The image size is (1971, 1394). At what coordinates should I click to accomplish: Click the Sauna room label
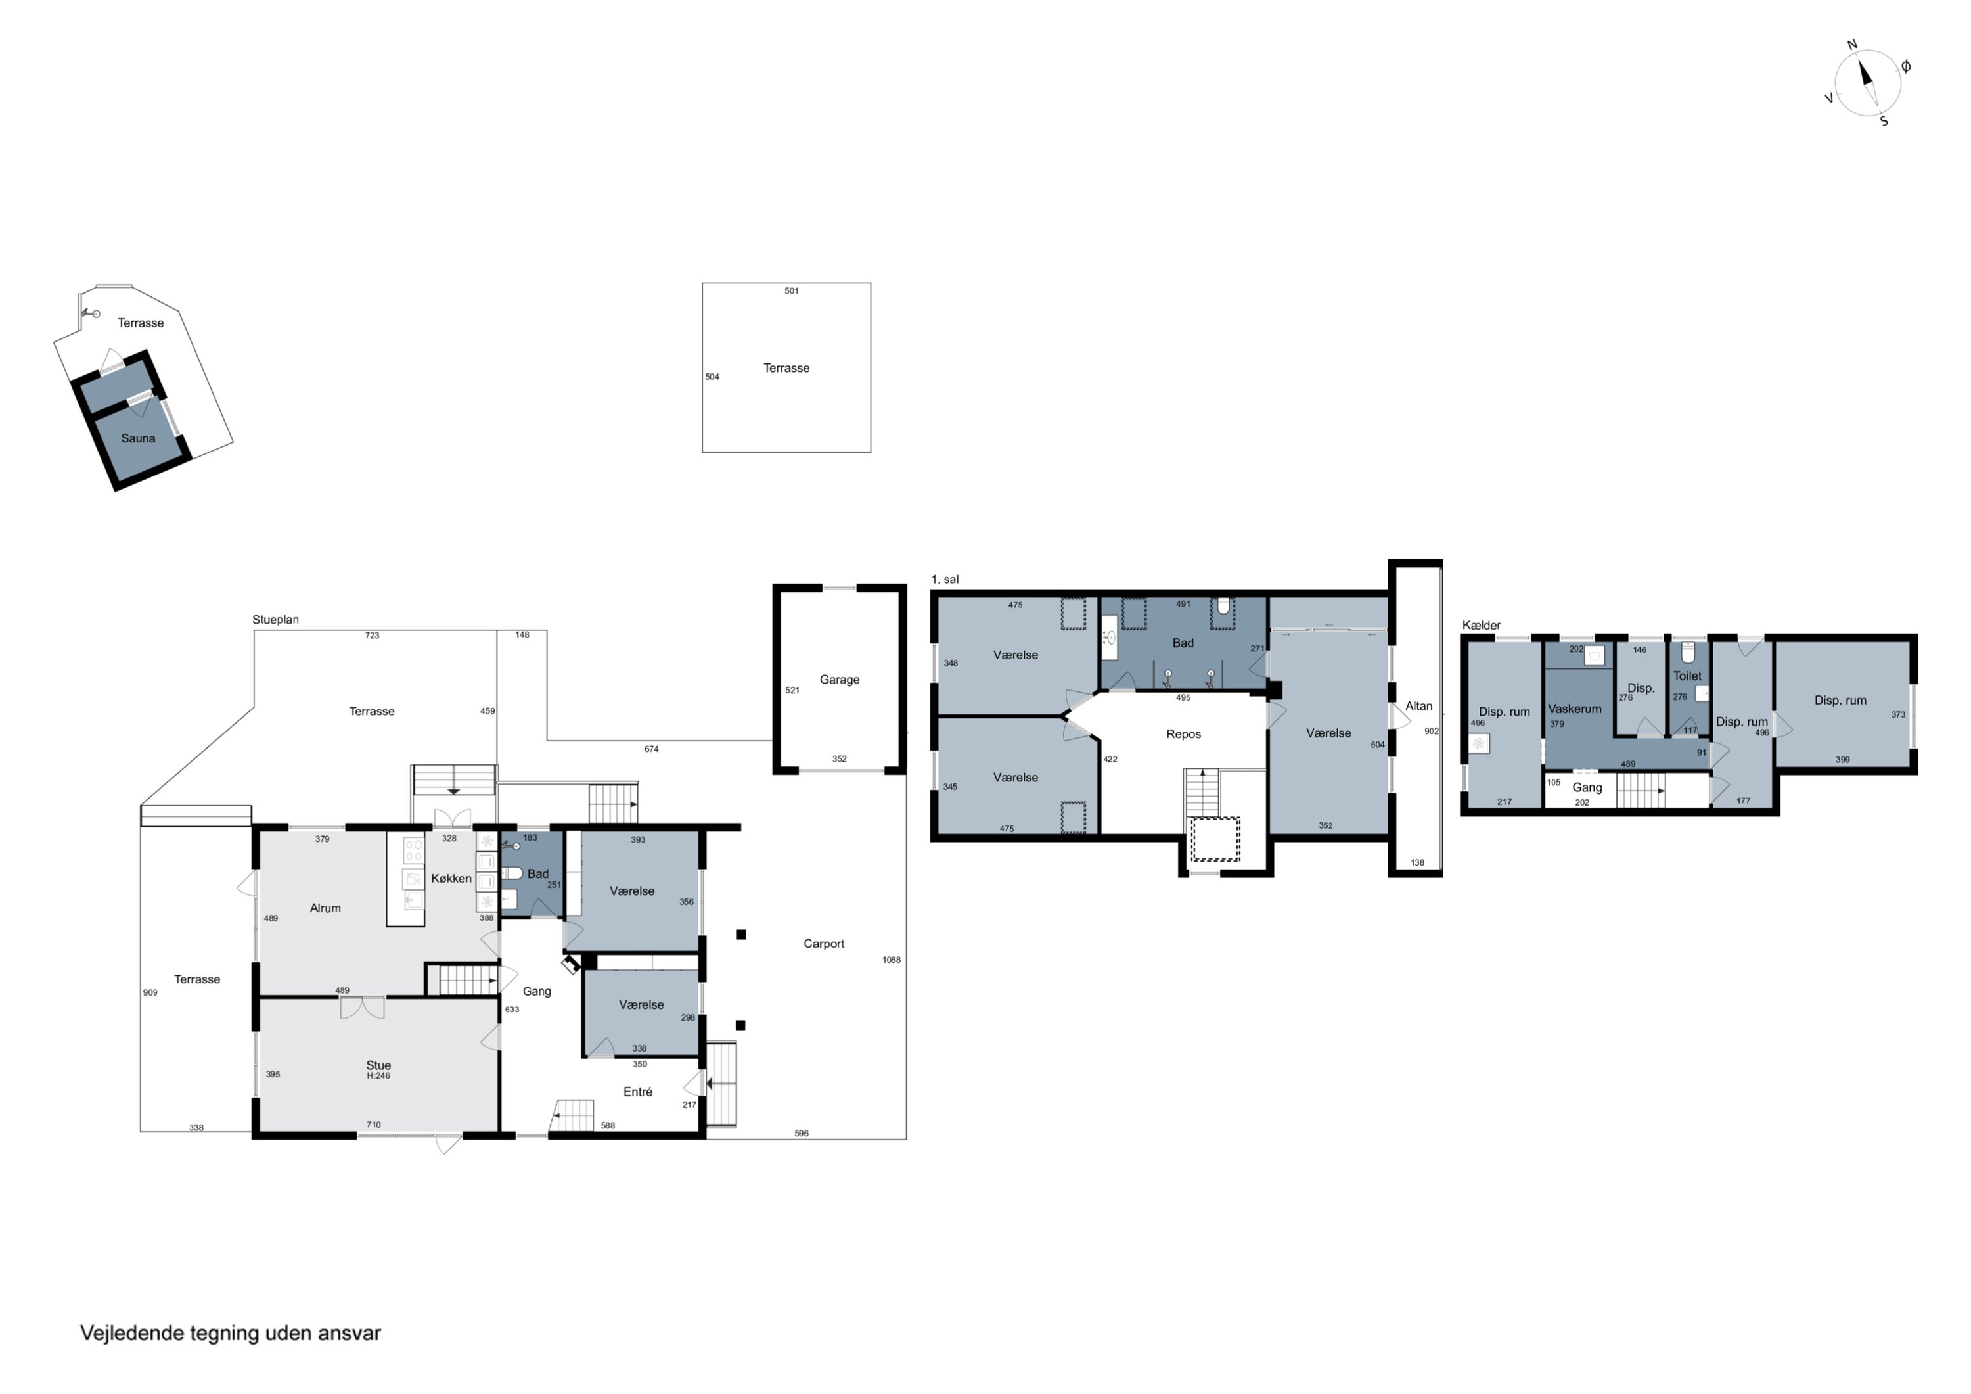click(138, 438)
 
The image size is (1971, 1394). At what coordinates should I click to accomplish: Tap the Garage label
click(840, 680)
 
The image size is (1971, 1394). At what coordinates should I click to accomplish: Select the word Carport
click(824, 943)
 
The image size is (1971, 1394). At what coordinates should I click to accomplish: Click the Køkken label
click(451, 878)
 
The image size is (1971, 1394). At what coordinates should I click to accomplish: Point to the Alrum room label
click(325, 908)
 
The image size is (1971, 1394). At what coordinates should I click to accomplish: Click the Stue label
click(378, 1065)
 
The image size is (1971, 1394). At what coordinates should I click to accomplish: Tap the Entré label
click(638, 1092)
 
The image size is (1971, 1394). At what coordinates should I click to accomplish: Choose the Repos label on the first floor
click(1184, 734)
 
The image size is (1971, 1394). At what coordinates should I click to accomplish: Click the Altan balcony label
click(1419, 706)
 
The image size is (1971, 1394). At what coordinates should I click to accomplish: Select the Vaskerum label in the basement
click(1575, 709)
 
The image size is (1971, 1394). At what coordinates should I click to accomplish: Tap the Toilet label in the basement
click(1688, 676)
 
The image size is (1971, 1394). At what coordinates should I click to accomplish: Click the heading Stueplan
click(275, 619)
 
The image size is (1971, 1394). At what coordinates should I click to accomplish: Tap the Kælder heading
click(1482, 625)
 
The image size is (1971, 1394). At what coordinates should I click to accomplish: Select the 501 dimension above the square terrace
click(792, 291)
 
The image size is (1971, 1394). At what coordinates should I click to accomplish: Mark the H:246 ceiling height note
click(378, 1075)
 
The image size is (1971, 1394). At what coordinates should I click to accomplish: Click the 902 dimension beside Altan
click(1432, 731)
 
